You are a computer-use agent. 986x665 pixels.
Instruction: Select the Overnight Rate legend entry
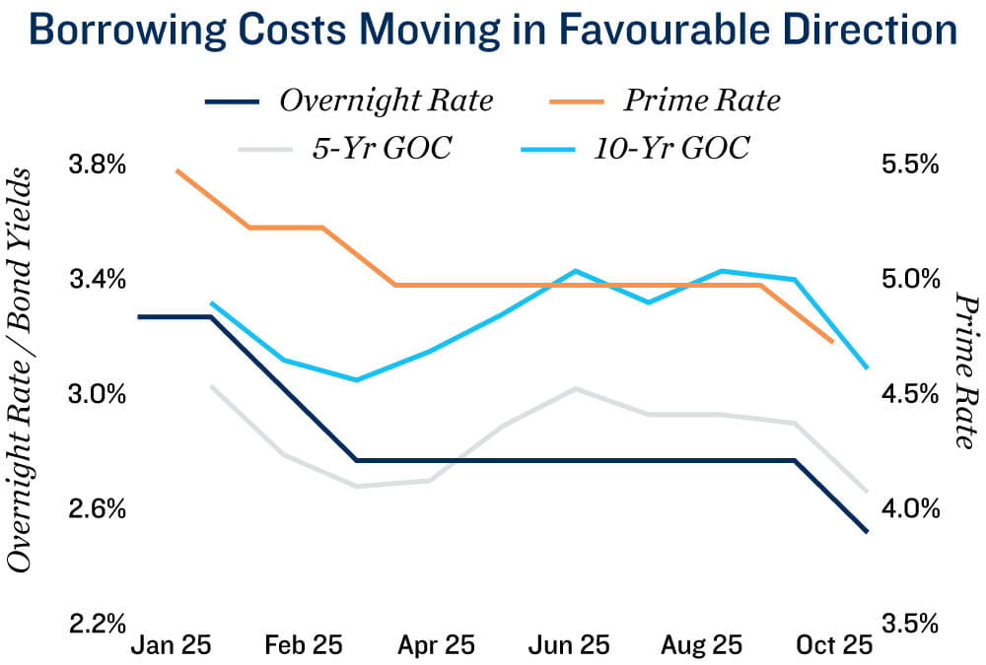point(386,100)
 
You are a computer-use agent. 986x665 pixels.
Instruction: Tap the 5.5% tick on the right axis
point(908,165)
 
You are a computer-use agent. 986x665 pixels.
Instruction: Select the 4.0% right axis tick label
point(908,509)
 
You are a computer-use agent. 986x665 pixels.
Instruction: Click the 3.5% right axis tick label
point(908,625)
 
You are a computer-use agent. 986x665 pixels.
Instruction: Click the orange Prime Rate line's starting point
point(176,170)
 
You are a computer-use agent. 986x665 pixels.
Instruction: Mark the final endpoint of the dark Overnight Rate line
point(867,532)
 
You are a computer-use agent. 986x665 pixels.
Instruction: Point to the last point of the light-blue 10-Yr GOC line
point(867,368)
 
